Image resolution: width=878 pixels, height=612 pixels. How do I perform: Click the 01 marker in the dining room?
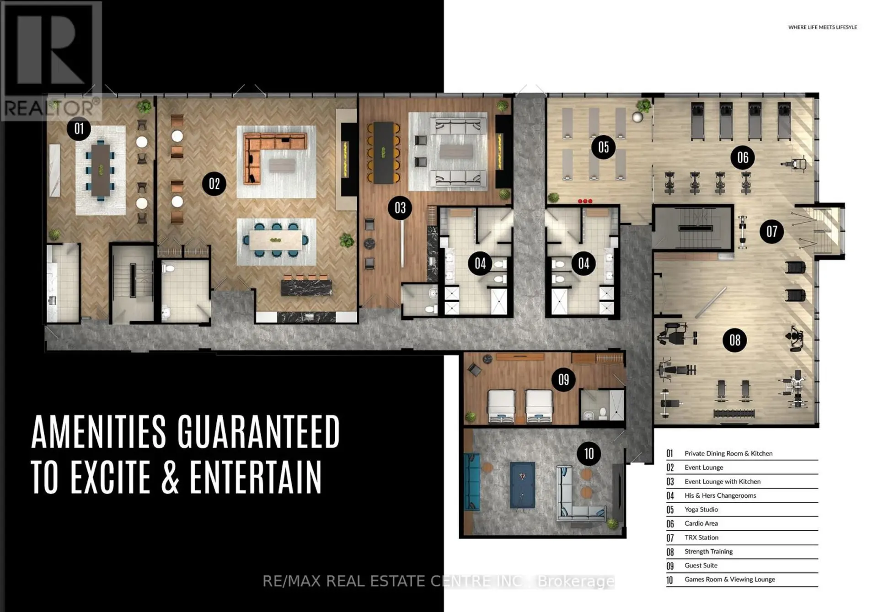79,128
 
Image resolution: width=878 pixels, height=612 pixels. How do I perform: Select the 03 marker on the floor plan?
400,208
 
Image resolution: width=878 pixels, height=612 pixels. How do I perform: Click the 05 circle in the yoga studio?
603,147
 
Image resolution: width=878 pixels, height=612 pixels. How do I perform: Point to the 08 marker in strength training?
734,340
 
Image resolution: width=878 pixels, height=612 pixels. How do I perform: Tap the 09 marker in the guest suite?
563,379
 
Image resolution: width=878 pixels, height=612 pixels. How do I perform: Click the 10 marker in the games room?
589,453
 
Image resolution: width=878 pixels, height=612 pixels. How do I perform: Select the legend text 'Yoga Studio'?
701,510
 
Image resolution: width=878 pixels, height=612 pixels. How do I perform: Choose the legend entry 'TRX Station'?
701,537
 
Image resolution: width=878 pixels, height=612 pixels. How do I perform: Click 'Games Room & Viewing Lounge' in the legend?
730,580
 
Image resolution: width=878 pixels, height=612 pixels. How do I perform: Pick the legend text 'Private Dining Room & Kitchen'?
728,453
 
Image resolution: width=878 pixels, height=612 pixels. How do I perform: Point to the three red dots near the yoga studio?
585,201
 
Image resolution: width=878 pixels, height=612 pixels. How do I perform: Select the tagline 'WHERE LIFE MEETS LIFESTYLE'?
822,27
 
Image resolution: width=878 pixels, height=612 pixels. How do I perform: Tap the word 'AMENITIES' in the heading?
99,431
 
